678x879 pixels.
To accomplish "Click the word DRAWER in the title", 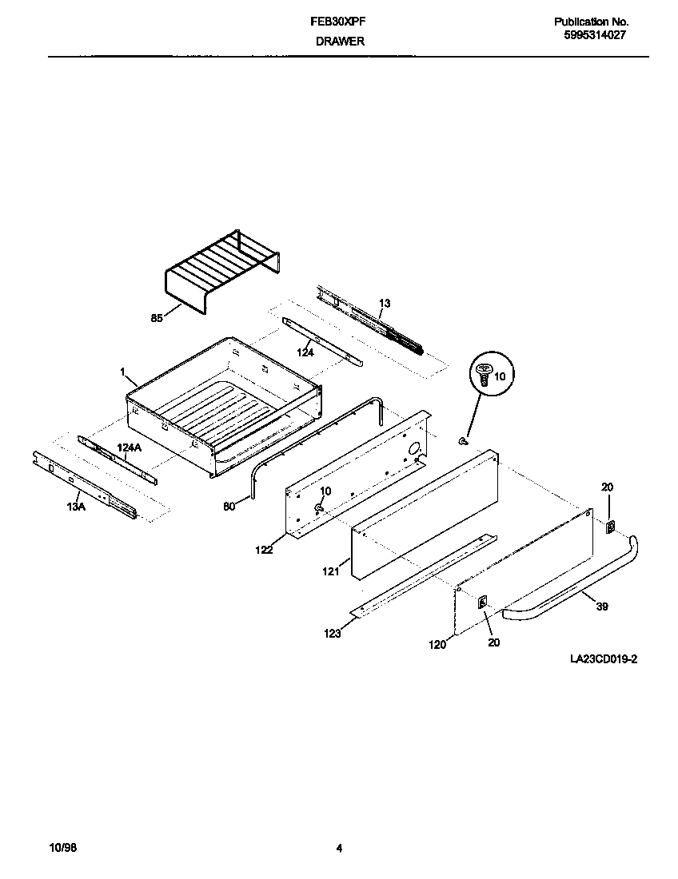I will (339, 42).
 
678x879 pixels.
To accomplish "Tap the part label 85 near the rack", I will (157, 317).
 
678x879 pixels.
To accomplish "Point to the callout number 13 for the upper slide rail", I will (385, 304).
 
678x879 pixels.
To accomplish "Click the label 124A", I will (129, 448).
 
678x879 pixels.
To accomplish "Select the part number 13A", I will (75, 506).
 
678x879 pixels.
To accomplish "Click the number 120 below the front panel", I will (437, 643).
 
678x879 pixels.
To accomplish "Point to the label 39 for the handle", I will (601, 607).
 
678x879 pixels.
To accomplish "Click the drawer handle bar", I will (576, 587).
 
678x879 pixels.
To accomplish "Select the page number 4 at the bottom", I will (339, 849).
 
